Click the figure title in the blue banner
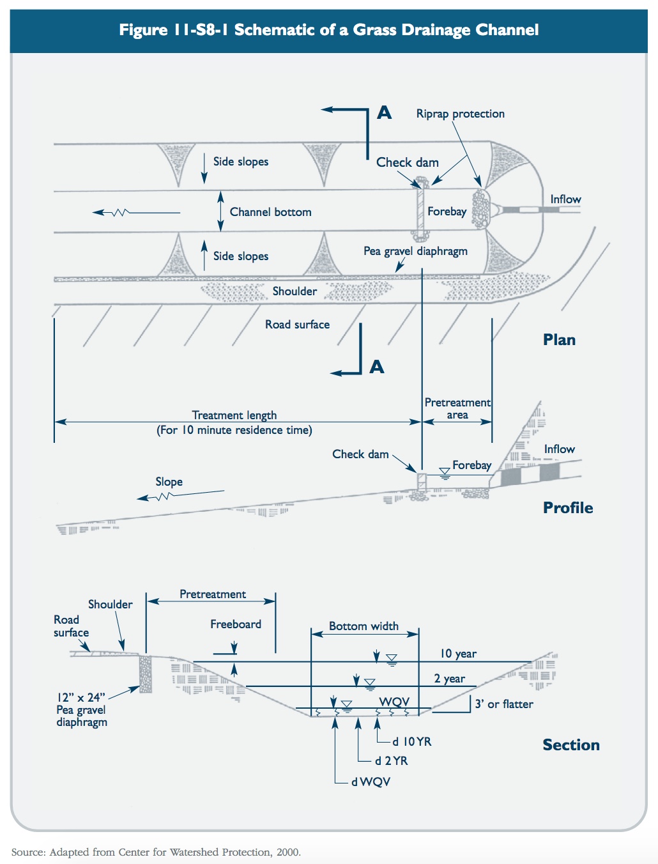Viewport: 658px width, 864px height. coord(328,30)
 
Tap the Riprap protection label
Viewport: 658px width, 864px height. coord(460,114)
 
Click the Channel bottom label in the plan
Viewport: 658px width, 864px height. coord(270,212)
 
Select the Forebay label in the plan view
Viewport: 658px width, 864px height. coord(447,212)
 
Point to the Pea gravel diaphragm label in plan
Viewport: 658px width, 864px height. coord(415,251)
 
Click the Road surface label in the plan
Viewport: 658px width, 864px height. coord(297,325)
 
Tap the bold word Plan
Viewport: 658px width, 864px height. coord(559,340)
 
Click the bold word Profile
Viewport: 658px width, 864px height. coord(567,508)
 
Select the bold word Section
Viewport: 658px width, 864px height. coord(570,745)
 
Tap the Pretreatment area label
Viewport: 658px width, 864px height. coord(457,408)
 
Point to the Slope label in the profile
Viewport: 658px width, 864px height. coord(169,482)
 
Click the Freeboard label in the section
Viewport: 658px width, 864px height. coord(236,624)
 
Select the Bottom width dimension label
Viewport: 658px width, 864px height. coord(363,626)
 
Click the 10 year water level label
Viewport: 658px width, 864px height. coord(457,654)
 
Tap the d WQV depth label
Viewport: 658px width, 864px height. coord(371,782)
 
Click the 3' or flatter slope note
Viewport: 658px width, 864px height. coord(503,704)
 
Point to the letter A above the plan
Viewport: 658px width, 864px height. coord(384,113)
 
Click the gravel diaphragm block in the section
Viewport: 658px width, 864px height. coord(146,673)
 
